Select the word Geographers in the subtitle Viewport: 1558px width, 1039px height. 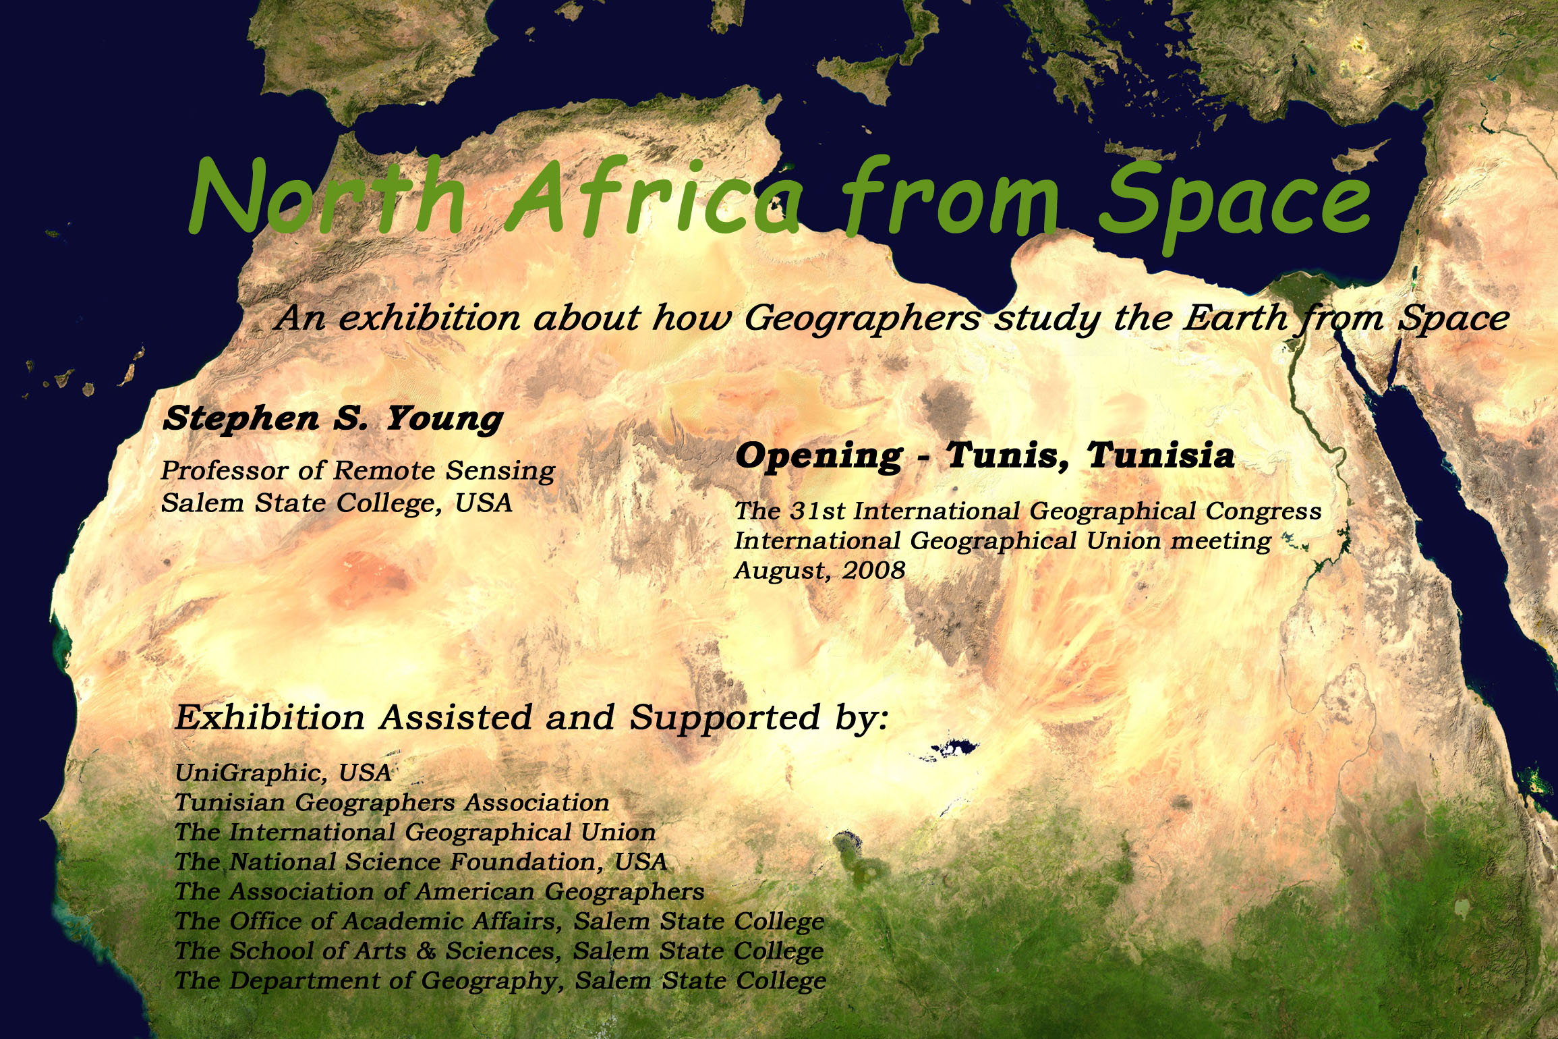pos(862,319)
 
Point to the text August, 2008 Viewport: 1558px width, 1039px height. pos(819,571)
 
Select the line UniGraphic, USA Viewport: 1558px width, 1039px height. pos(283,773)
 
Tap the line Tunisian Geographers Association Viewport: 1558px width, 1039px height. pos(392,803)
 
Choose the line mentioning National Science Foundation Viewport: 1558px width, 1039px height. pos(421,862)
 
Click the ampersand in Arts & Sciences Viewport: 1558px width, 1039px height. pos(426,951)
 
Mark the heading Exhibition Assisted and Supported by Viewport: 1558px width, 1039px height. pos(531,718)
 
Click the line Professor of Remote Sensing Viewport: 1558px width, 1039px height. pos(358,471)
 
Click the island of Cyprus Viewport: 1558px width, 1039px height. pos(1360,156)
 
